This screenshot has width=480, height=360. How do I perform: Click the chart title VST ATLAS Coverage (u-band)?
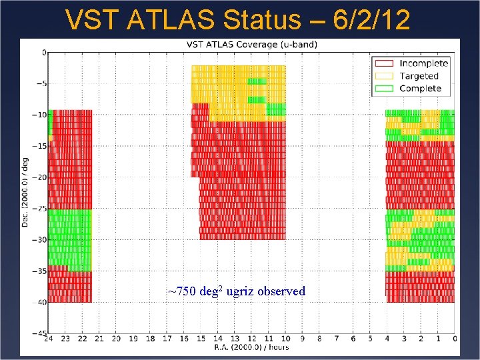[x=251, y=45]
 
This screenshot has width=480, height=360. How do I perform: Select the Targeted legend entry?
[x=419, y=75]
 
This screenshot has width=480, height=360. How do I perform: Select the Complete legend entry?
[x=420, y=88]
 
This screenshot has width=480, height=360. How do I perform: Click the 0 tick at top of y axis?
[x=43, y=53]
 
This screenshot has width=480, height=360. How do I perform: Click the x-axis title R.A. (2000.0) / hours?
[x=251, y=348]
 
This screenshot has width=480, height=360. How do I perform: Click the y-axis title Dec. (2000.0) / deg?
[x=25, y=193]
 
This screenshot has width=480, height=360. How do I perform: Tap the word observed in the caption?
[x=283, y=291]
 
